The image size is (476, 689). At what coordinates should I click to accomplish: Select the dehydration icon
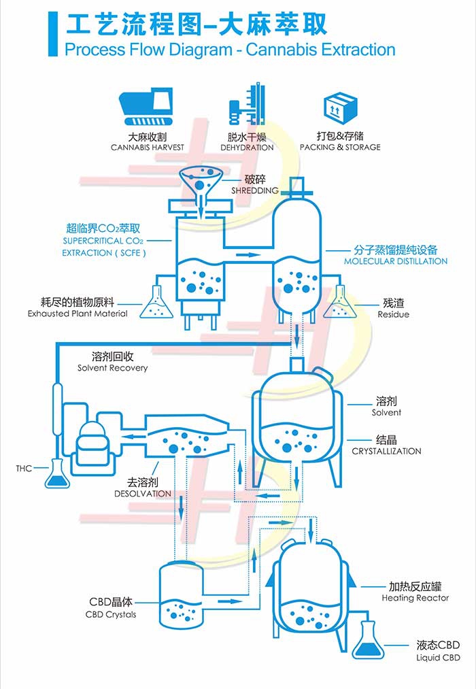(x=247, y=105)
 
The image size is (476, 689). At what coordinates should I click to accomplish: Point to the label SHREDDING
(x=255, y=190)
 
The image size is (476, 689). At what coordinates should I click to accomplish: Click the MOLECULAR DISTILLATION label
(x=396, y=261)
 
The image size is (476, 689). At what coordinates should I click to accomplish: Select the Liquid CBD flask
(x=368, y=641)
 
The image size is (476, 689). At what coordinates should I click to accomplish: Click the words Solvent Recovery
(x=112, y=368)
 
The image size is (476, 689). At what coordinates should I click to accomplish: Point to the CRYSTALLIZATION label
(x=386, y=451)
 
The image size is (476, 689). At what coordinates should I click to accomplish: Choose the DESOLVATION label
(x=143, y=493)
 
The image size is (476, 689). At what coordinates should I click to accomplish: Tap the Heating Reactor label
(x=415, y=598)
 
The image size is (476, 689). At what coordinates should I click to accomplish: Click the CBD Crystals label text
(x=111, y=615)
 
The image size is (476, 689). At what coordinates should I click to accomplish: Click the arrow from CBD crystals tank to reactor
(x=230, y=601)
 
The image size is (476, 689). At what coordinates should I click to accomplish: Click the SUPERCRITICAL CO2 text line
(x=103, y=241)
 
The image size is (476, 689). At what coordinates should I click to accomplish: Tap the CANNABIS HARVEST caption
(x=148, y=148)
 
